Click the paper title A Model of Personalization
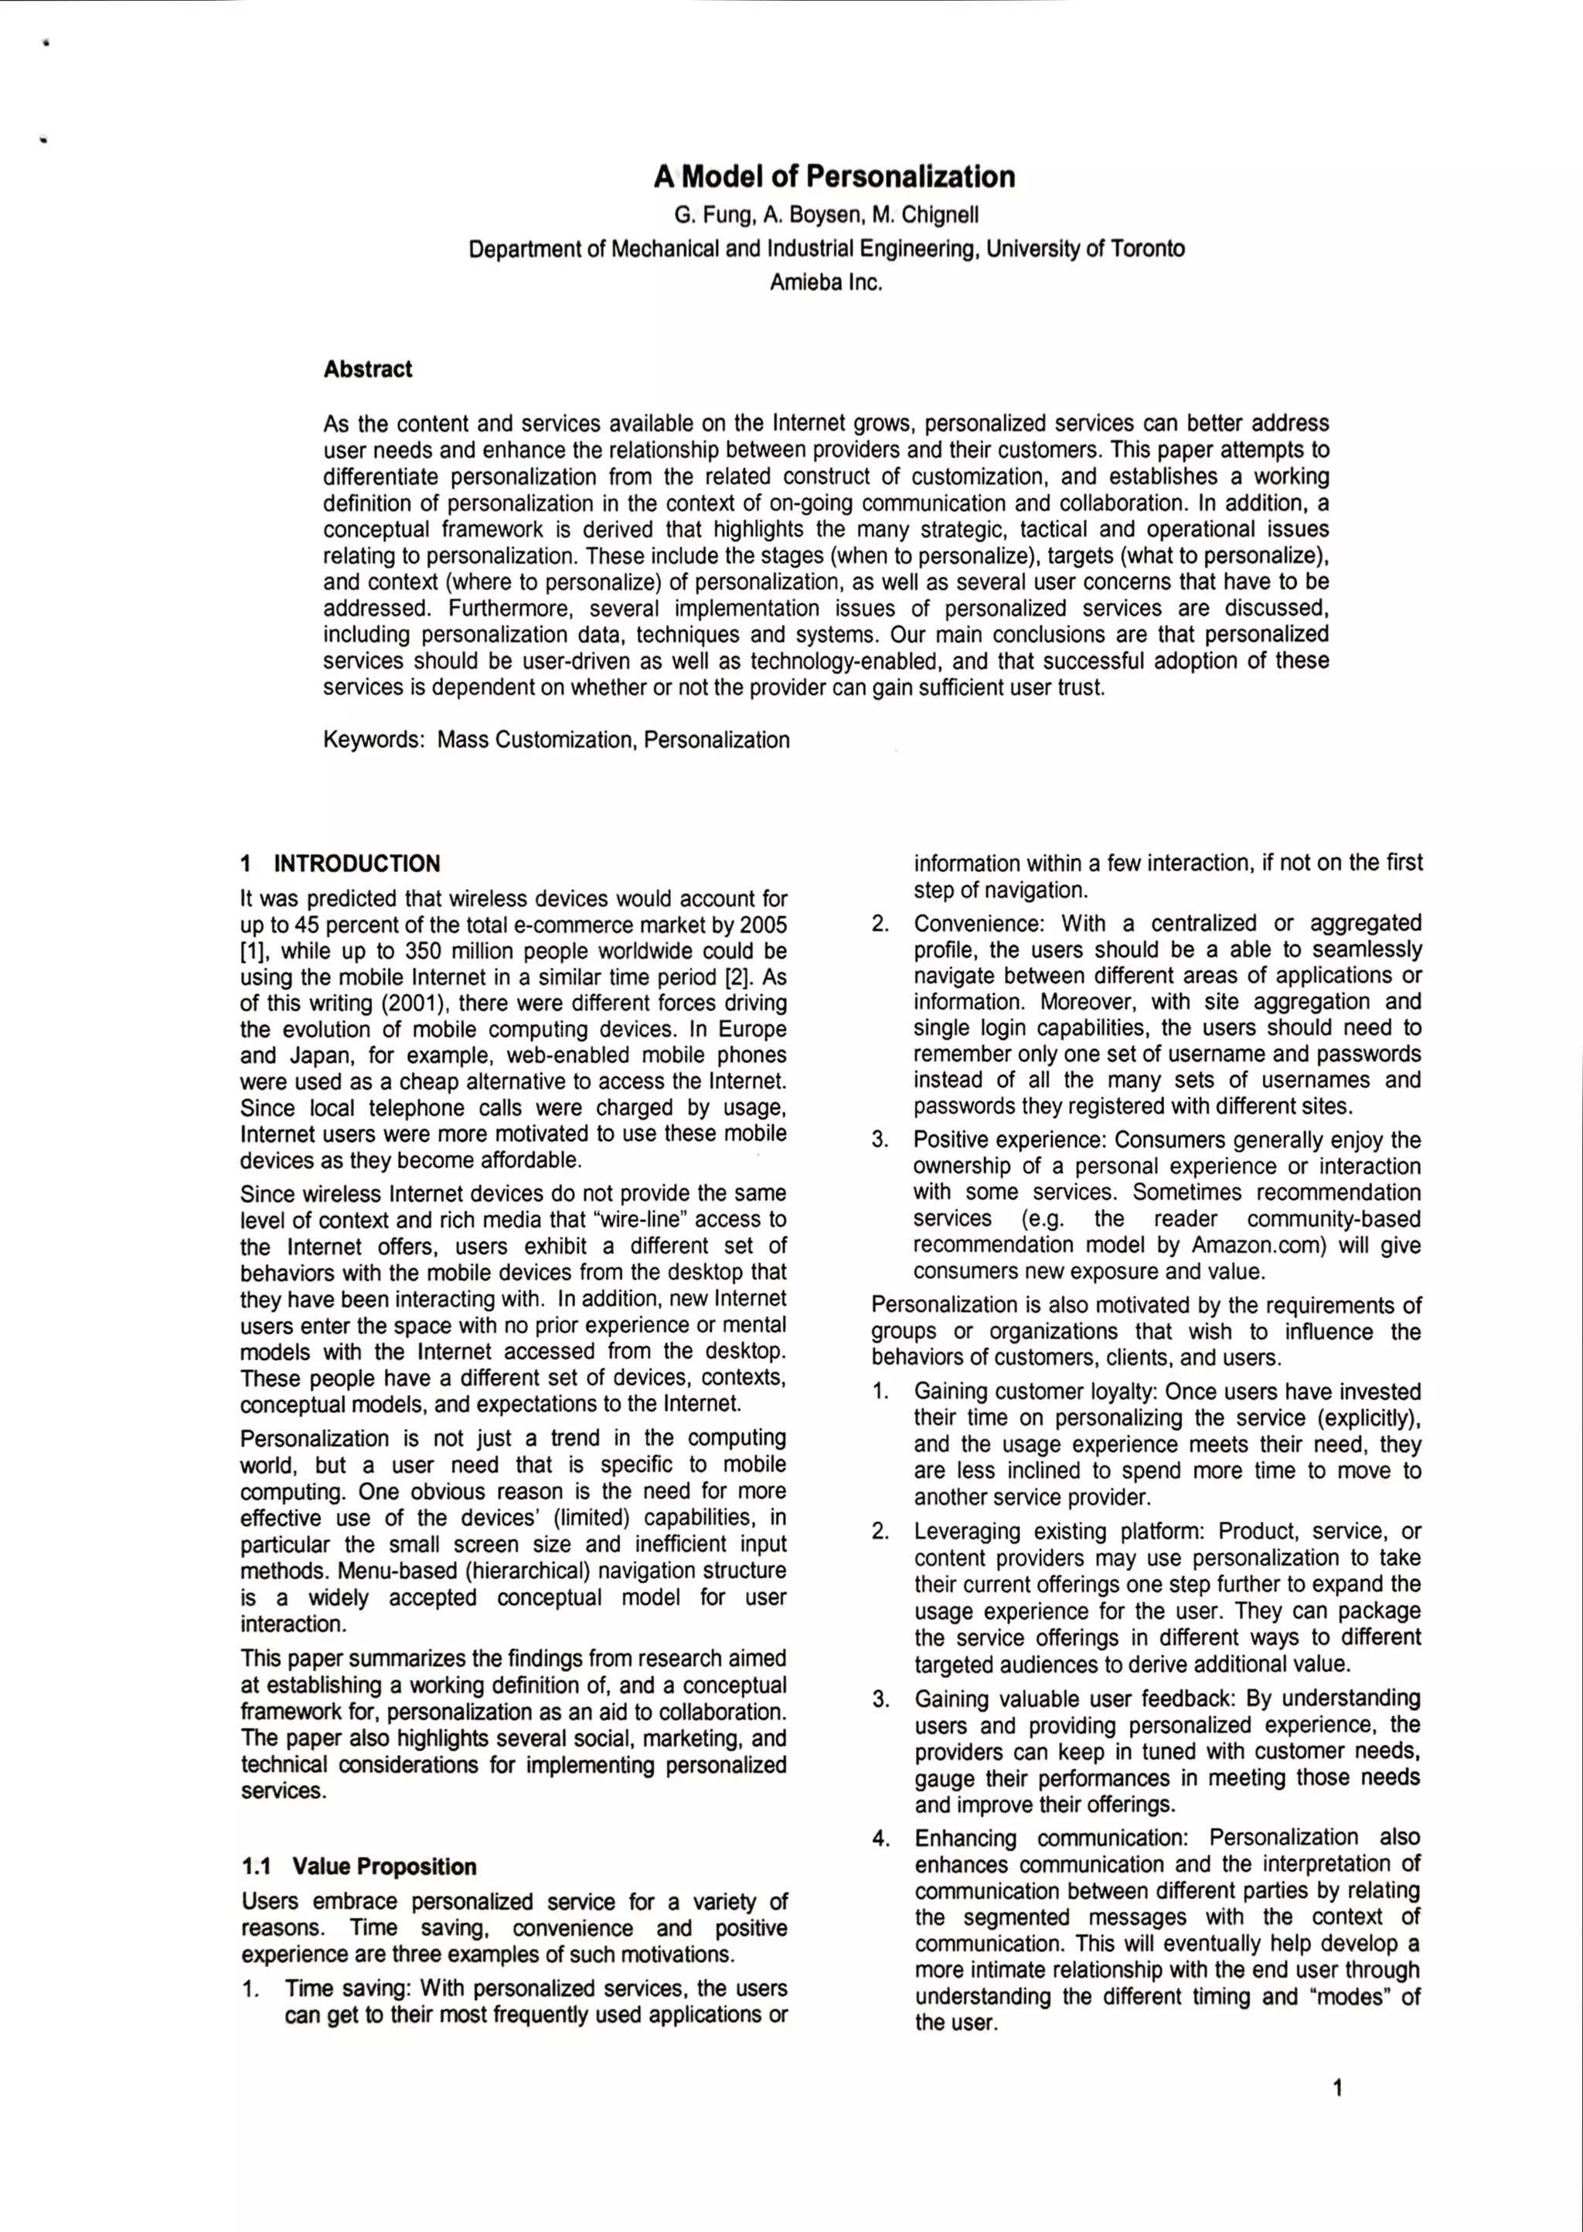pyautogui.click(x=834, y=176)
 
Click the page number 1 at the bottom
pyautogui.click(x=1337, y=2087)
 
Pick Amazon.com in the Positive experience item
pyautogui.click(x=1258, y=1245)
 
